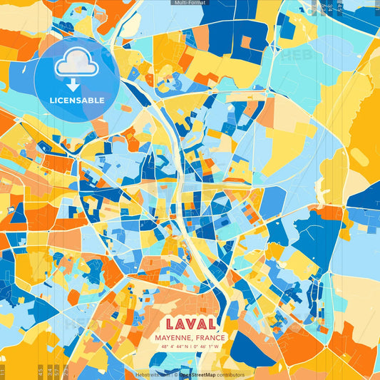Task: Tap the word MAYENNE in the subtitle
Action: [174, 338]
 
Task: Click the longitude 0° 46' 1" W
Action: [209, 347]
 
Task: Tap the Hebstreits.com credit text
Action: [152, 374]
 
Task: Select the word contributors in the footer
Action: [230, 374]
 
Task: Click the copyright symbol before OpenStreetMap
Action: [175, 374]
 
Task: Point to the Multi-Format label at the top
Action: [190, 3]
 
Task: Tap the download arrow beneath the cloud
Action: [72, 85]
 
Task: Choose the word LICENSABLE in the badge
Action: [77, 101]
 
